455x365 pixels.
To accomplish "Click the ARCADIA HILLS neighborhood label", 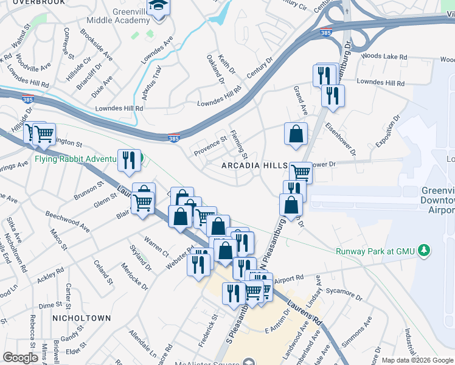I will (254, 166).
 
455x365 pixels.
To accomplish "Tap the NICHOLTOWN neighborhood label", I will (82, 318).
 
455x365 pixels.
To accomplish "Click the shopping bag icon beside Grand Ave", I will (296, 134).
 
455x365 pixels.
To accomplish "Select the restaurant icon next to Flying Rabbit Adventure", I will (129, 160).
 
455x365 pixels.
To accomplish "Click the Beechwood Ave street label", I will (68, 221).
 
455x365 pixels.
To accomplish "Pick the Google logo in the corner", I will (21, 358).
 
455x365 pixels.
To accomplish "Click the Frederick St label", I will (215, 327).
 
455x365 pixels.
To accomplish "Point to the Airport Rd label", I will (289, 277).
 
